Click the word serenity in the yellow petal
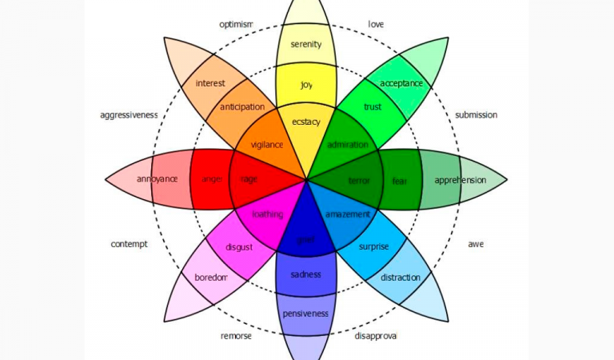[x=306, y=45]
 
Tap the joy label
[x=306, y=84]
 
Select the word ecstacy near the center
[x=306, y=122]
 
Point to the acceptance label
[x=401, y=83]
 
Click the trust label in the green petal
[x=373, y=106]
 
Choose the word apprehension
[x=460, y=180]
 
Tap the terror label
[x=360, y=181]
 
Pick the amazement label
[x=348, y=214]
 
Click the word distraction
[x=401, y=278]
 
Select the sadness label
[x=306, y=274]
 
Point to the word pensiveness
[x=306, y=314]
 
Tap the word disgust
[x=239, y=247]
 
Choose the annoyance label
[x=157, y=178]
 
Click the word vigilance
[x=267, y=145]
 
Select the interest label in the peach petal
[x=210, y=83]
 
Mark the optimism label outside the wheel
[x=236, y=25]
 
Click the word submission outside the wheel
[x=476, y=115]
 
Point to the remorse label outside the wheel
[x=236, y=337]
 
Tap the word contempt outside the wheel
[x=129, y=244]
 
